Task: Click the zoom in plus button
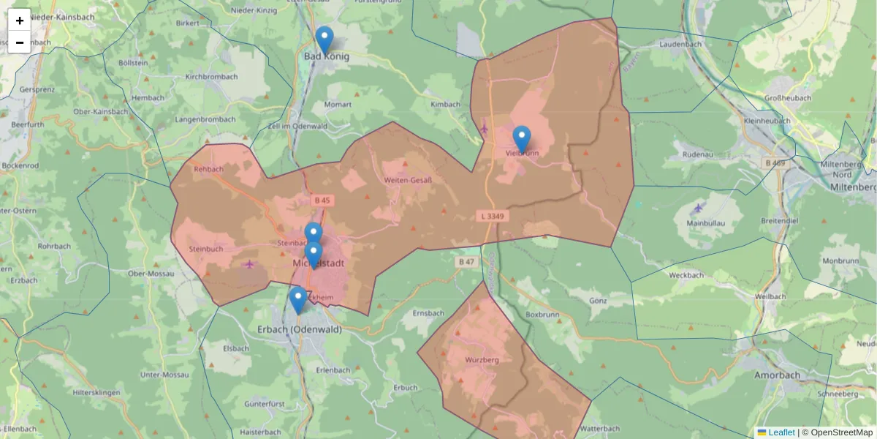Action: point(20,20)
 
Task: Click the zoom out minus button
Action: point(20,42)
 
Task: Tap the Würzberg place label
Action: point(482,360)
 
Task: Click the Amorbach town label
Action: point(776,375)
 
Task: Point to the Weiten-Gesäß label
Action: point(408,180)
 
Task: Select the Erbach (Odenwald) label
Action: point(299,330)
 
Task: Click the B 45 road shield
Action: point(322,200)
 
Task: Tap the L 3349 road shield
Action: point(493,217)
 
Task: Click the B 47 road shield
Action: point(466,261)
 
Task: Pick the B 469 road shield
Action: point(775,162)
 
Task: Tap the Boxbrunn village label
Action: point(542,315)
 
